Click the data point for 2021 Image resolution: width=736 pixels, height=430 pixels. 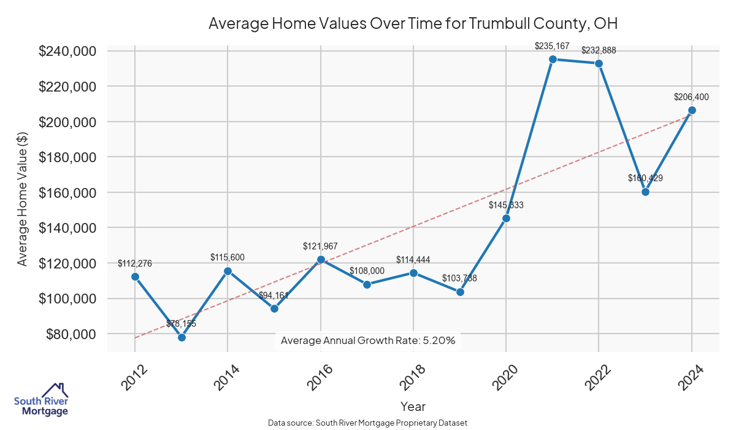[x=553, y=59]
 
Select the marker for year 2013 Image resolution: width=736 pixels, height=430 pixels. [x=182, y=337]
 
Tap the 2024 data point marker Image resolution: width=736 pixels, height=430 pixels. [x=692, y=110]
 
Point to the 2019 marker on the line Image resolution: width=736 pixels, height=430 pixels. [x=460, y=292]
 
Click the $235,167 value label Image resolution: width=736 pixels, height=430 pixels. [x=552, y=45]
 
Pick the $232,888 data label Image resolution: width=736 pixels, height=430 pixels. [x=599, y=50]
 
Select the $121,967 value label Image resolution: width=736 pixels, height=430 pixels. [x=320, y=246]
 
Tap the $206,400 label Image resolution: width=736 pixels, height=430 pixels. [x=691, y=97]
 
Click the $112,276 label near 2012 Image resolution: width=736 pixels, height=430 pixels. [x=135, y=264]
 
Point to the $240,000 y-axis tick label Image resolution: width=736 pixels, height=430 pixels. [x=67, y=51]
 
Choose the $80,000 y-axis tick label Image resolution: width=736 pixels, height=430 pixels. [x=70, y=334]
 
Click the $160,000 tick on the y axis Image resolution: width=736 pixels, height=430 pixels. [x=67, y=193]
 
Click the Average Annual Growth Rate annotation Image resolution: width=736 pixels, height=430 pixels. [x=368, y=340]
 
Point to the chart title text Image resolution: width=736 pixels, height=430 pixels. [x=412, y=23]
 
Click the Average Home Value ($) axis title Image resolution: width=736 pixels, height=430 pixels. [x=22, y=199]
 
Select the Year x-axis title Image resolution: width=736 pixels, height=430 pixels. [x=413, y=407]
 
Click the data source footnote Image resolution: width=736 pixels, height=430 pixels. [x=368, y=423]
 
